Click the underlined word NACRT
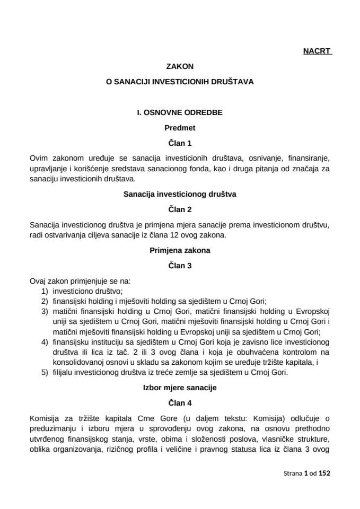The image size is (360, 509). point(317,51)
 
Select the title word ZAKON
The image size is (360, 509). point(180,67)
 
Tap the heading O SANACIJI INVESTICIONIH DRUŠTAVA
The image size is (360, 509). point(180,82)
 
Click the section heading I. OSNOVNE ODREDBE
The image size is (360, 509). point(180,112)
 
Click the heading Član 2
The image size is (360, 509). point(180,209)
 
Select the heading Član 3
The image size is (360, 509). point(180,266)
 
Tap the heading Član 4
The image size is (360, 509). point(180,402)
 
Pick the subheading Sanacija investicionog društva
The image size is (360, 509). point(180,194)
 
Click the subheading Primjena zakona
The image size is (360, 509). point(180,251)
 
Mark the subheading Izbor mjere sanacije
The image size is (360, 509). point(180,388)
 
